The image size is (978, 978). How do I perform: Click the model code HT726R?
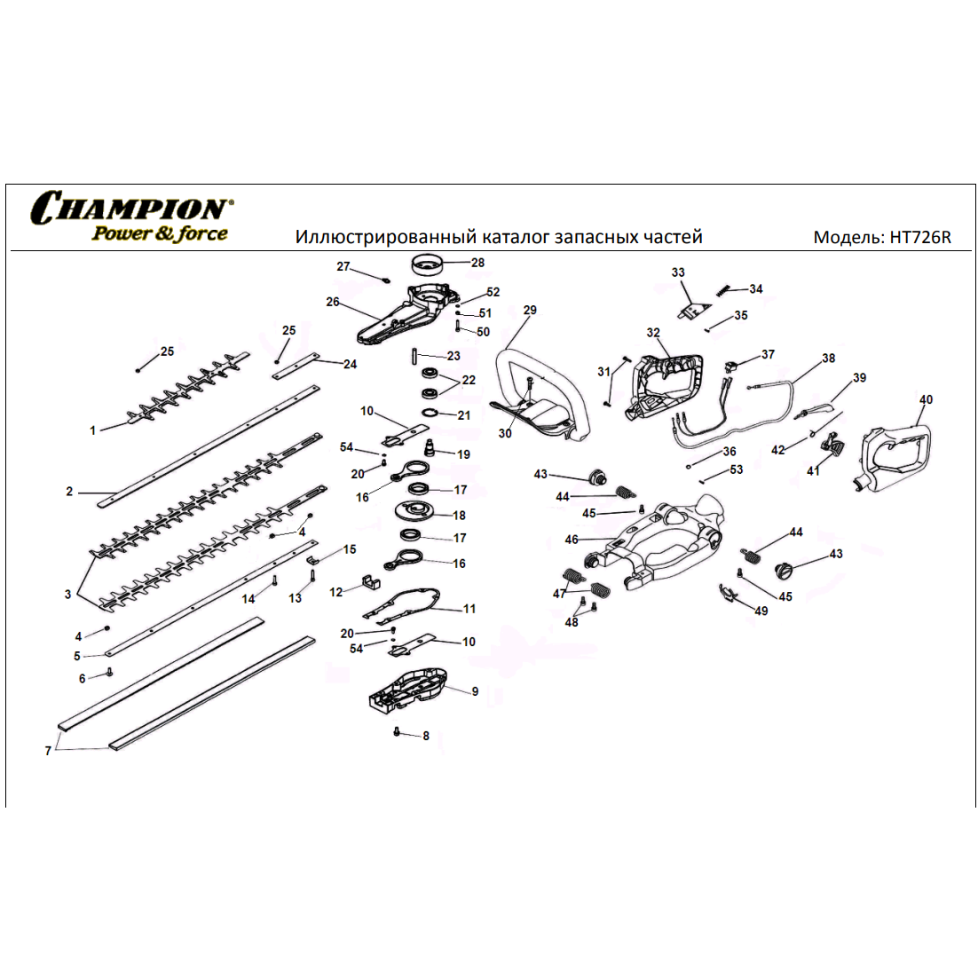point(920,237)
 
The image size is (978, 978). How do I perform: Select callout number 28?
point(477,263)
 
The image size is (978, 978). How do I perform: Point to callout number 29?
point(530,310)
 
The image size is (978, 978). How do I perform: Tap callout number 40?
point(926,399)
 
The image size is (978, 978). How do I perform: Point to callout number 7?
point(48,751)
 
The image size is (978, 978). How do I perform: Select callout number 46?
point(572,540)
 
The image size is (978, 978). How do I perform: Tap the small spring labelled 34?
point(723,291)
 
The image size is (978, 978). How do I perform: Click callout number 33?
point(678,272)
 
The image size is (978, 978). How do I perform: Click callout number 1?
point(93,430)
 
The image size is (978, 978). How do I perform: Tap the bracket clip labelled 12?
point(373,584)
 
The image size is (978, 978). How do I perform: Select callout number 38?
point(828,358)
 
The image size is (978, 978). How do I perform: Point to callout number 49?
point(761,611)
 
